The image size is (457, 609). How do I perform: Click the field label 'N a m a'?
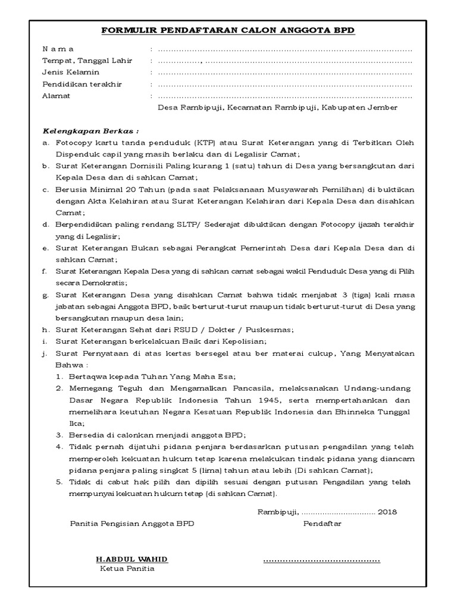[x=58, y=49]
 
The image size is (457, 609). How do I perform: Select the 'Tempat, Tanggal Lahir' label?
[x=87, y=61]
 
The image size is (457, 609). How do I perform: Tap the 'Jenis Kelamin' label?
[x=70, y=73]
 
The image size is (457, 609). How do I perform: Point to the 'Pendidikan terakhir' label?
[x=82, y=84]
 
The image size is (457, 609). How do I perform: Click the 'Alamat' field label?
[x=56, y=96]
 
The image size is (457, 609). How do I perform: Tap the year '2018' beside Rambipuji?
[x=387, y=511]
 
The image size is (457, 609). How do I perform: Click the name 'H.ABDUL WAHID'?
[x=132, y=559]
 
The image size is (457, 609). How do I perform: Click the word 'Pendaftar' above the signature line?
[x=323, y=523]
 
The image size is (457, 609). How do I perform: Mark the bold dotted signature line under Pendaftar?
[x=321, y=561]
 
